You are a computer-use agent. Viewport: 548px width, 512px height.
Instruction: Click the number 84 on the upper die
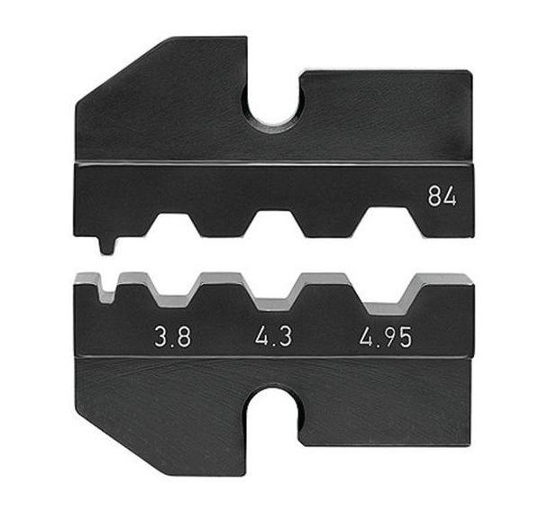443,197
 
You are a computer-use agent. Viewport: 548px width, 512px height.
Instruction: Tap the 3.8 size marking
173,338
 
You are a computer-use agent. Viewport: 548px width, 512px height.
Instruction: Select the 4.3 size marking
273,337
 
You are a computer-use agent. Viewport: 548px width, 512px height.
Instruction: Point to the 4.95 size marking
386,337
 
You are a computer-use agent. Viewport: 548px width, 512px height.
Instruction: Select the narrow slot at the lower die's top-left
107,288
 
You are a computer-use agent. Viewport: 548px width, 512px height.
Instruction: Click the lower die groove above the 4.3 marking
274,294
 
